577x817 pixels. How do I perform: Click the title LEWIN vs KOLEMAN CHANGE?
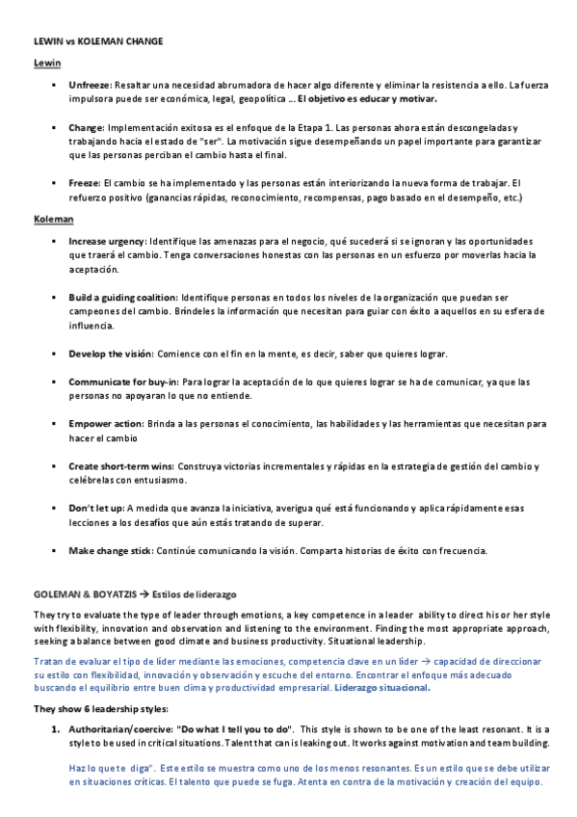click(x=98, y=42)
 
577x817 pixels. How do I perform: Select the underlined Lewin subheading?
click(x=47, y=65)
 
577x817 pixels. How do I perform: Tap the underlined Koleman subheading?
click(x=54, y=219)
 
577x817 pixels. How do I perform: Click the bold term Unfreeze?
click(x=90, y=86)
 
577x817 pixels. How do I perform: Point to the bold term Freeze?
click(x=84, y=183)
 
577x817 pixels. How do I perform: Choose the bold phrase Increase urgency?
click(x=107, y=240)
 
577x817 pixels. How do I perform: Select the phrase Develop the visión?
click(x=111, y=354)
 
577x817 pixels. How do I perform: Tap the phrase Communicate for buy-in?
click(x=123, y=382)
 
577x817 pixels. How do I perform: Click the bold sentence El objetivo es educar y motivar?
click(x=367, y=99)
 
